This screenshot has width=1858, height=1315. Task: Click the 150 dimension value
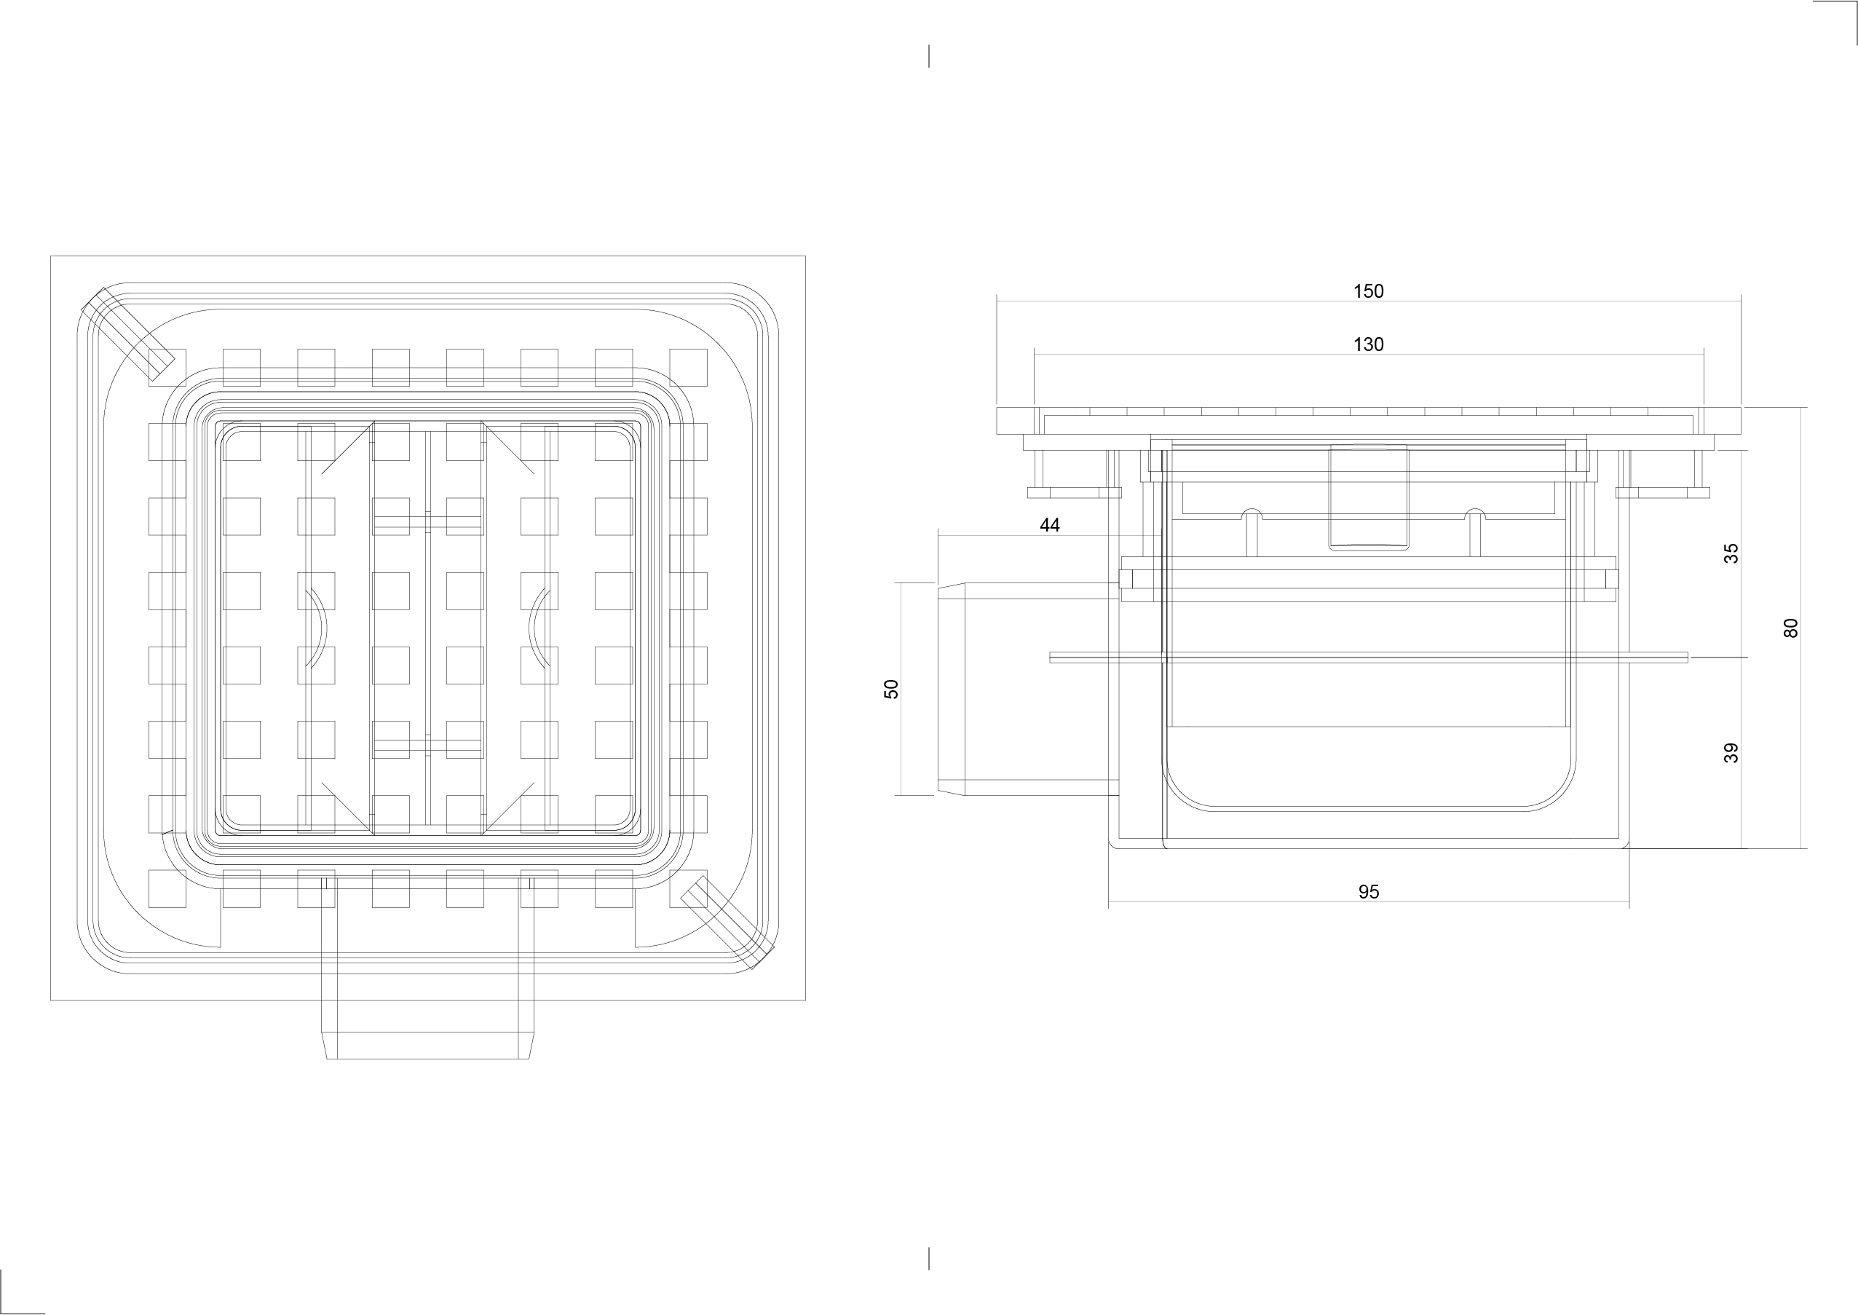[x=1368, y=291]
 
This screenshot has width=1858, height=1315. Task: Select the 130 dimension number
[x=1368, y=345]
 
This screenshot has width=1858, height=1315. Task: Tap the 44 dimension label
[x=1049, y=526]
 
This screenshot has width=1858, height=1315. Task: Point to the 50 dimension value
[x=891, y=689]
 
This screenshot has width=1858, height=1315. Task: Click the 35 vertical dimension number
[x=1731, y=554]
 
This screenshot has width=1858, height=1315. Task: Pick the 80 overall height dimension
[x=1791, y=628]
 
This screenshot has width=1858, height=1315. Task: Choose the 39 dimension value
[x=1731, y=753]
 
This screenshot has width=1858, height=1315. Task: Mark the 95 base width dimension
[x=1368, y=891]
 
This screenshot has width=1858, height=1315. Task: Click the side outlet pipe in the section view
[x=1028, y=689]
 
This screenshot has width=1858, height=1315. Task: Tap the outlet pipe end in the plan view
[x=427, y=1046]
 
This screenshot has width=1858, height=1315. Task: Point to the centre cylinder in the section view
[x=1369, y=497]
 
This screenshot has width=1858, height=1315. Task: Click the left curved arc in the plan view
[x=315, y=628]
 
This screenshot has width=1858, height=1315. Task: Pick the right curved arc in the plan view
[x=539, y=628]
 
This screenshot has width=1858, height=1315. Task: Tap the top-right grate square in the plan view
[x=688, y=368]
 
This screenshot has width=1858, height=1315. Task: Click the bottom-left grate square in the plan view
[x=167, y=888]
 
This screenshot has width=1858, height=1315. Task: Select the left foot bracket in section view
[x=1075, y=492]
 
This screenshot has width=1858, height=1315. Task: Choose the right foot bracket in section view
[x=1663, y=492]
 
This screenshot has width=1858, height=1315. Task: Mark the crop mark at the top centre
[x=928, y=56]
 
